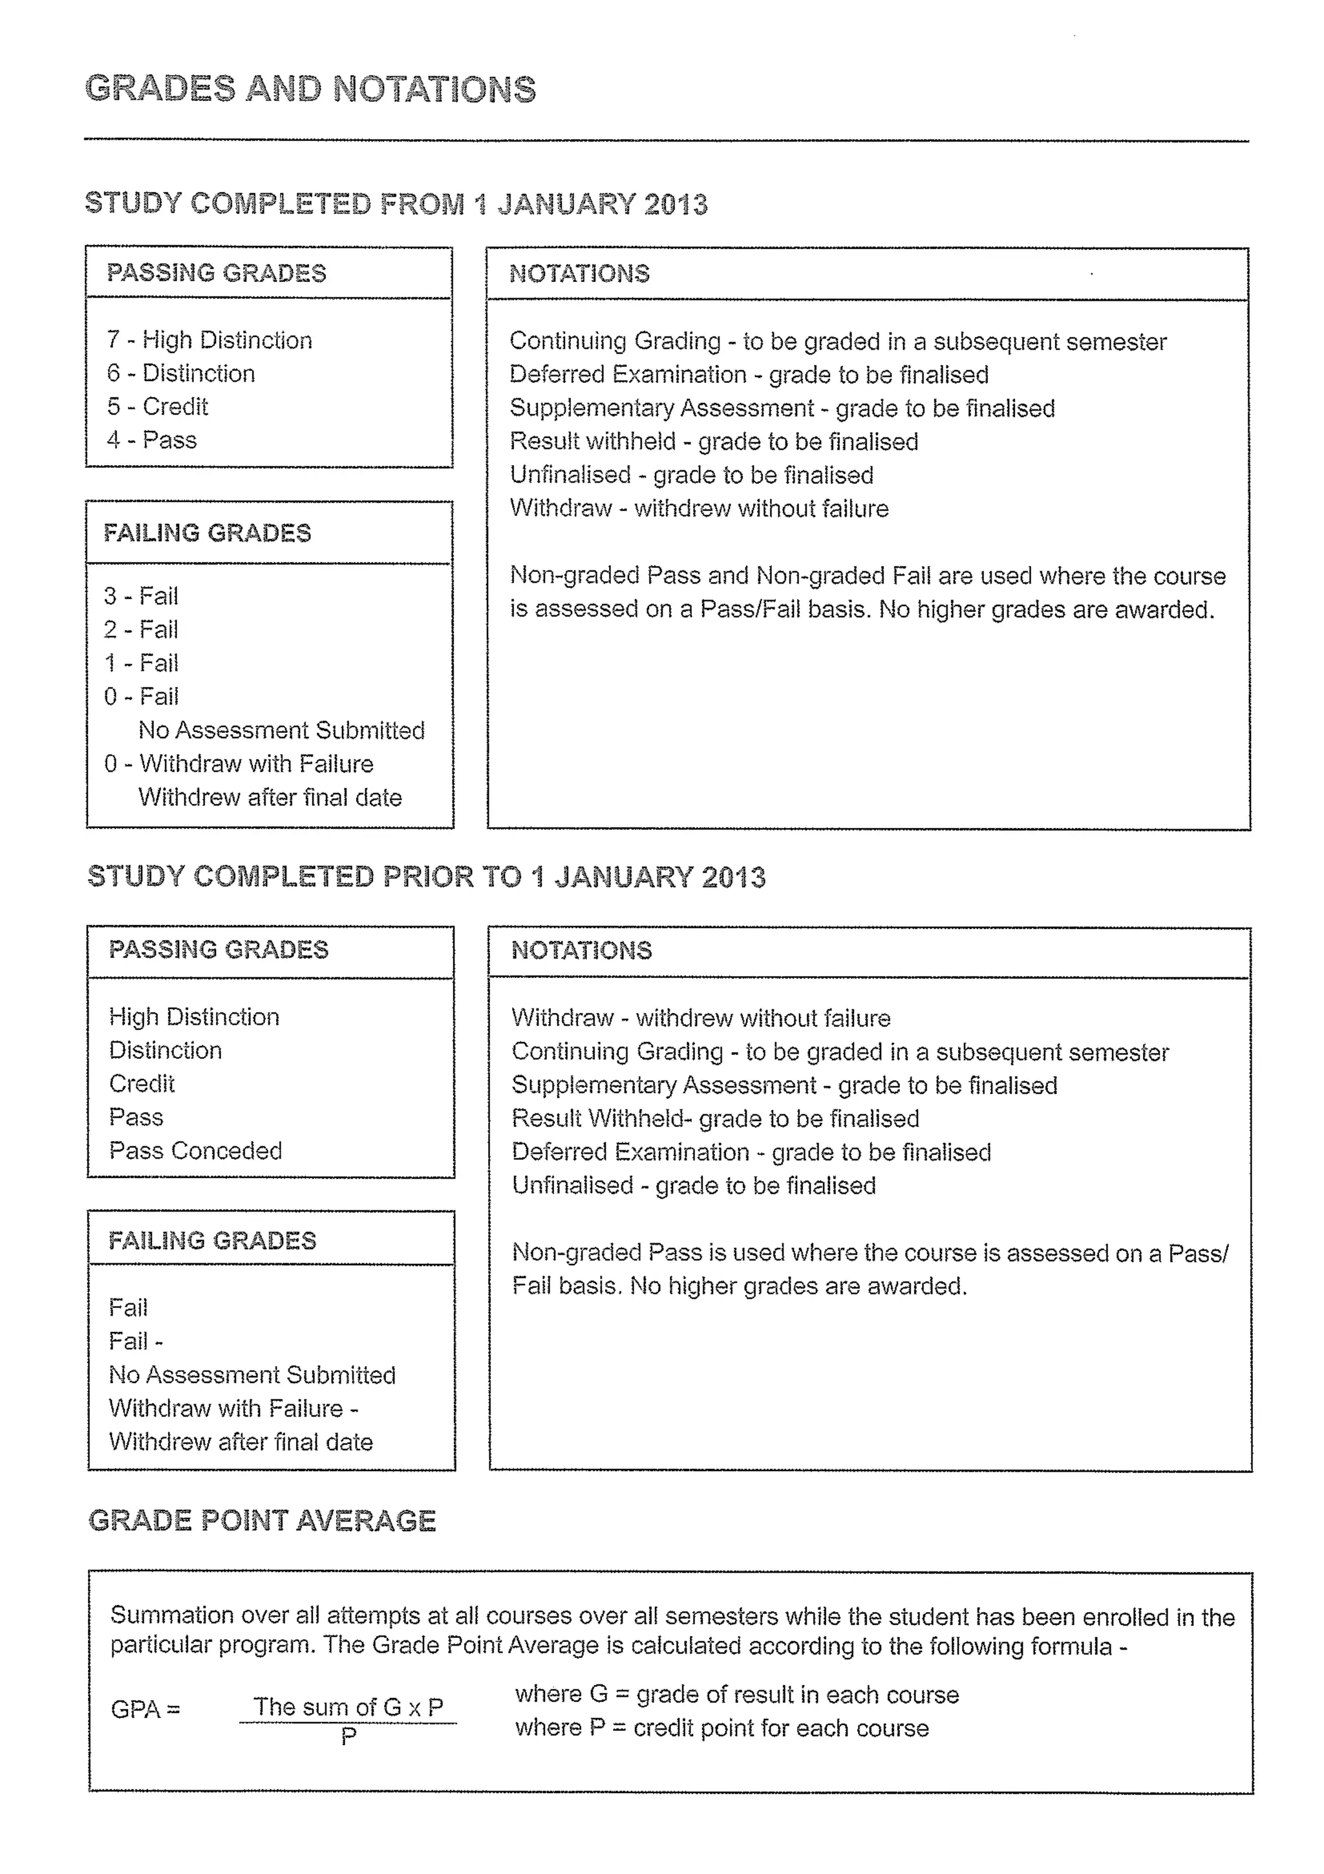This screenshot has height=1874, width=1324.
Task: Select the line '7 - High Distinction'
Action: click(209, 340)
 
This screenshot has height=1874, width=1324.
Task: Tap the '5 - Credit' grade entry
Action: click(158, 406)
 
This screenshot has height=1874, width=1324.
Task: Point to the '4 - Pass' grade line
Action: click(152, 440)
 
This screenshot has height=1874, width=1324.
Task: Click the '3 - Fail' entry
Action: click(140, 596)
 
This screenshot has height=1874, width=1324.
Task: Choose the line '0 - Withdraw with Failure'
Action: click(238, 764)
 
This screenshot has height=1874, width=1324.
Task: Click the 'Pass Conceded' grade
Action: click(195, 1151)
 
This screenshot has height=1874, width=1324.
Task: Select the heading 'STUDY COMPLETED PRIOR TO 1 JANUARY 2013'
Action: click(426, 877)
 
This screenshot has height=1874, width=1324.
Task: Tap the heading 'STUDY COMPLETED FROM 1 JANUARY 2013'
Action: click(396, 203)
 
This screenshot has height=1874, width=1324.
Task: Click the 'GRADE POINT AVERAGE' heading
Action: click(262, 1521)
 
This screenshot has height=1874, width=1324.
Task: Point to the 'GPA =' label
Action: click(145, 1709)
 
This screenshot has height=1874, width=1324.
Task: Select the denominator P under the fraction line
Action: click(348, 1736)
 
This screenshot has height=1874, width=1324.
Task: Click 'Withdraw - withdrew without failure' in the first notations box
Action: click(698, 508)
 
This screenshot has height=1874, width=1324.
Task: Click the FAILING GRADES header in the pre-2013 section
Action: click(212, 1241)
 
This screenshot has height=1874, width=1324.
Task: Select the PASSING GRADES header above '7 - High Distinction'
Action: click(216, 272)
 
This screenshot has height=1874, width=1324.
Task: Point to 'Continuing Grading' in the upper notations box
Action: click(615, 341)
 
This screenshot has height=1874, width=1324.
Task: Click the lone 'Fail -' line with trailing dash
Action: click(135, 1341)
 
